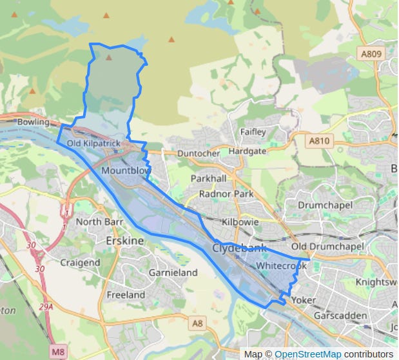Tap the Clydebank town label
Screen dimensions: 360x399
tap(238, 248)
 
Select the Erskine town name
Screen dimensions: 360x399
tap(124, 241)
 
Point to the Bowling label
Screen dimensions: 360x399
tap(34, 122)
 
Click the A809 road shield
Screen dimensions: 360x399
tap(371, 54)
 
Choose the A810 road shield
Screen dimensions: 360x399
tap(318, 140)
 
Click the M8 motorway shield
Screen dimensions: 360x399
tap(58, 352)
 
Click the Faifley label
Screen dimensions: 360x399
tap(253, 132)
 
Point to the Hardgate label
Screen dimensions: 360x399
tap(247, 151)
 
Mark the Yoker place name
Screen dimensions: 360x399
tap(304, 300)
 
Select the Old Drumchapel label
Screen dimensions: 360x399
tap(327, 247)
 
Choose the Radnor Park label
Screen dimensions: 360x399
tap(226, 194)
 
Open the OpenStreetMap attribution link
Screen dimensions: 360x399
tap(307, 354)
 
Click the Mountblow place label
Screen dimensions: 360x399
tap(126, 170)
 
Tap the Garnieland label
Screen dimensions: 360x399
tap(173, 273)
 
